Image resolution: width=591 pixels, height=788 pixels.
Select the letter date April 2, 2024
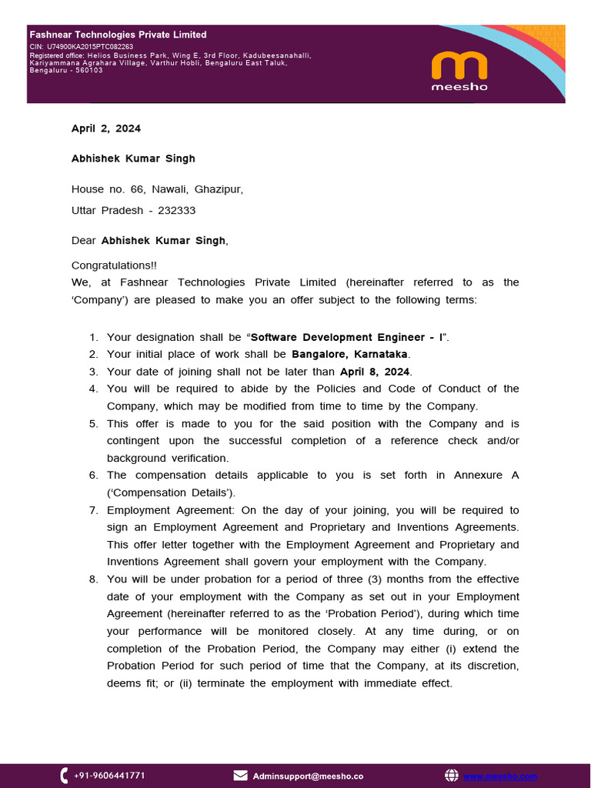coord(106,129)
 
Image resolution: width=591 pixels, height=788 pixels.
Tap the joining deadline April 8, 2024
coord(376,372)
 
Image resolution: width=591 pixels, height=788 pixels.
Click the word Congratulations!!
coord(114,265)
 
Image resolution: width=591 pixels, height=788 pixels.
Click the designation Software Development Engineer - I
coord(347,337)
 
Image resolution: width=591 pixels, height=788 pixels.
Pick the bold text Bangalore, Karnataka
coord(349,354)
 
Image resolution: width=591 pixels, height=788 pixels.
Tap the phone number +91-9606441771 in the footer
coord(109,776)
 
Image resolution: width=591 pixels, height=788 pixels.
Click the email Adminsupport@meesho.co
coord(308,776)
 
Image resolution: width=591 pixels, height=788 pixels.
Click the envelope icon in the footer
coord(240,776)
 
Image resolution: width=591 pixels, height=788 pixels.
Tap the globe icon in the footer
coord(452,776)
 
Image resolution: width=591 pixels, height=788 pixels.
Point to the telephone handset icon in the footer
coord(64,776)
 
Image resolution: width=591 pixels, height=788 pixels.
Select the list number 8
coord(93,579)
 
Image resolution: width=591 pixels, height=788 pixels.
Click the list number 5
coord(93,424)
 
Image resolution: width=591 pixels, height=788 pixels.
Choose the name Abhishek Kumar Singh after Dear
coord(163,241)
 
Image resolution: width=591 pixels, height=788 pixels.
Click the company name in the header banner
coord(118,35)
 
